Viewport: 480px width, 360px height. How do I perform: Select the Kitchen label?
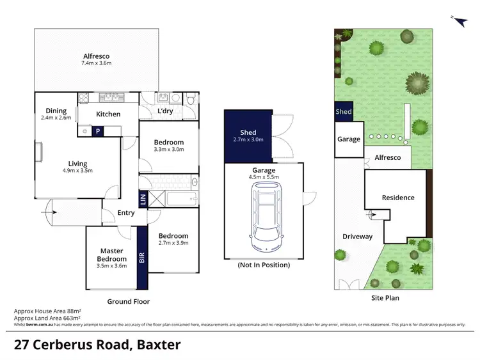(108, 114)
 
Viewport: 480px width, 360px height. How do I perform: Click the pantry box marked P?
(98, 130)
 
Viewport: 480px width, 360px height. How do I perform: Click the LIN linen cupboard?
(142, 198)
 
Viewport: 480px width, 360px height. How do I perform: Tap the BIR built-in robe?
(142, 258)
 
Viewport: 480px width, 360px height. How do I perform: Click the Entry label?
(126, 213)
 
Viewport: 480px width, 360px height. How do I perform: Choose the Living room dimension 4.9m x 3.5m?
(78, 171)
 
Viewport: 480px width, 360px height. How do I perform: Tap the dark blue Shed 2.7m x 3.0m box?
(248, 136)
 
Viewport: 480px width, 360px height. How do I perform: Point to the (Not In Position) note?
(263, 265)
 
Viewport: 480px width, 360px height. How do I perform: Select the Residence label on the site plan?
(398, 198)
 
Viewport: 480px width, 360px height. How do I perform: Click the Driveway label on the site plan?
(357, 237)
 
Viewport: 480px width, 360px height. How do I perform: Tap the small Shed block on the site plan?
(344, 112)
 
